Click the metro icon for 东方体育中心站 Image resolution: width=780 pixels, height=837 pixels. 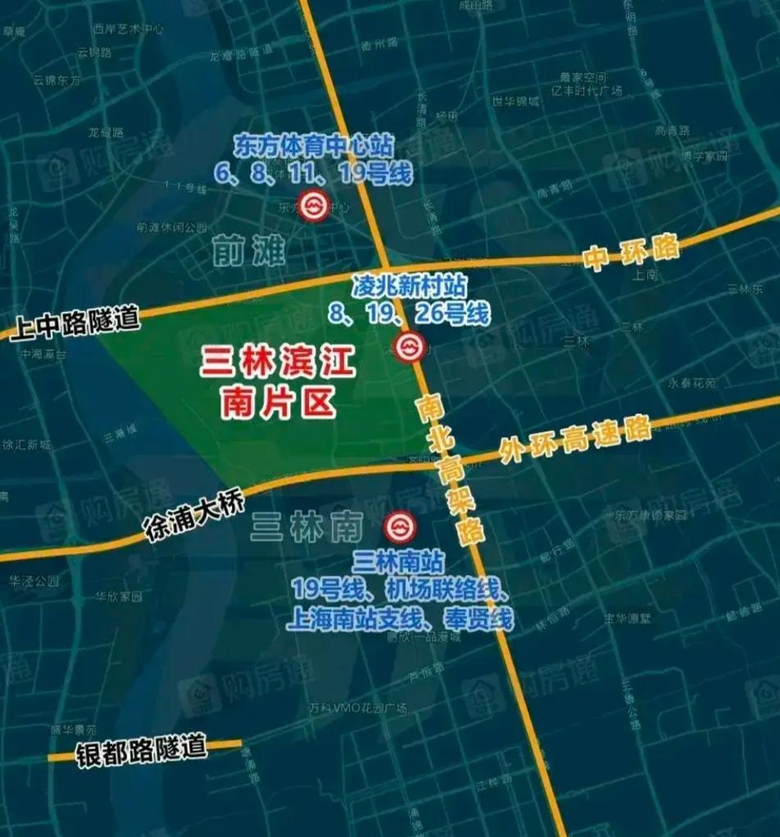312,207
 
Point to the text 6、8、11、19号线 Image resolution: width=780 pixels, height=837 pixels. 314,173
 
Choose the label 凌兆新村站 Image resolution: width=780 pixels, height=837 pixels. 410,287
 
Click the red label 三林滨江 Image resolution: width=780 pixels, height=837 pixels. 279,364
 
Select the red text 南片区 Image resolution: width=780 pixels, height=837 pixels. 279,403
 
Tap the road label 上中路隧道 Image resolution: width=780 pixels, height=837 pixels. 75,322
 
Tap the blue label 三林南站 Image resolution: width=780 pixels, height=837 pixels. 400,562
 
